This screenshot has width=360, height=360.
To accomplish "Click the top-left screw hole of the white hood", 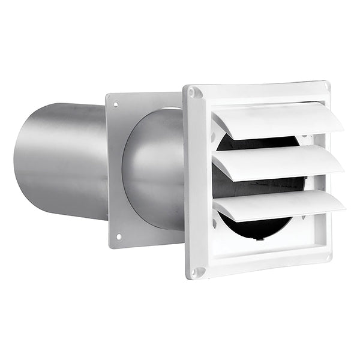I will (x=193, y=93).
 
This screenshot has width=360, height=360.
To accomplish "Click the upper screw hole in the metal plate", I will (x=115, y=104).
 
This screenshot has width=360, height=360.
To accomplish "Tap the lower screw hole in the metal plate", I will (x=118, y=237).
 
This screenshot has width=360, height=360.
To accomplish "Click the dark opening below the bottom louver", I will (x=258, y=228).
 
